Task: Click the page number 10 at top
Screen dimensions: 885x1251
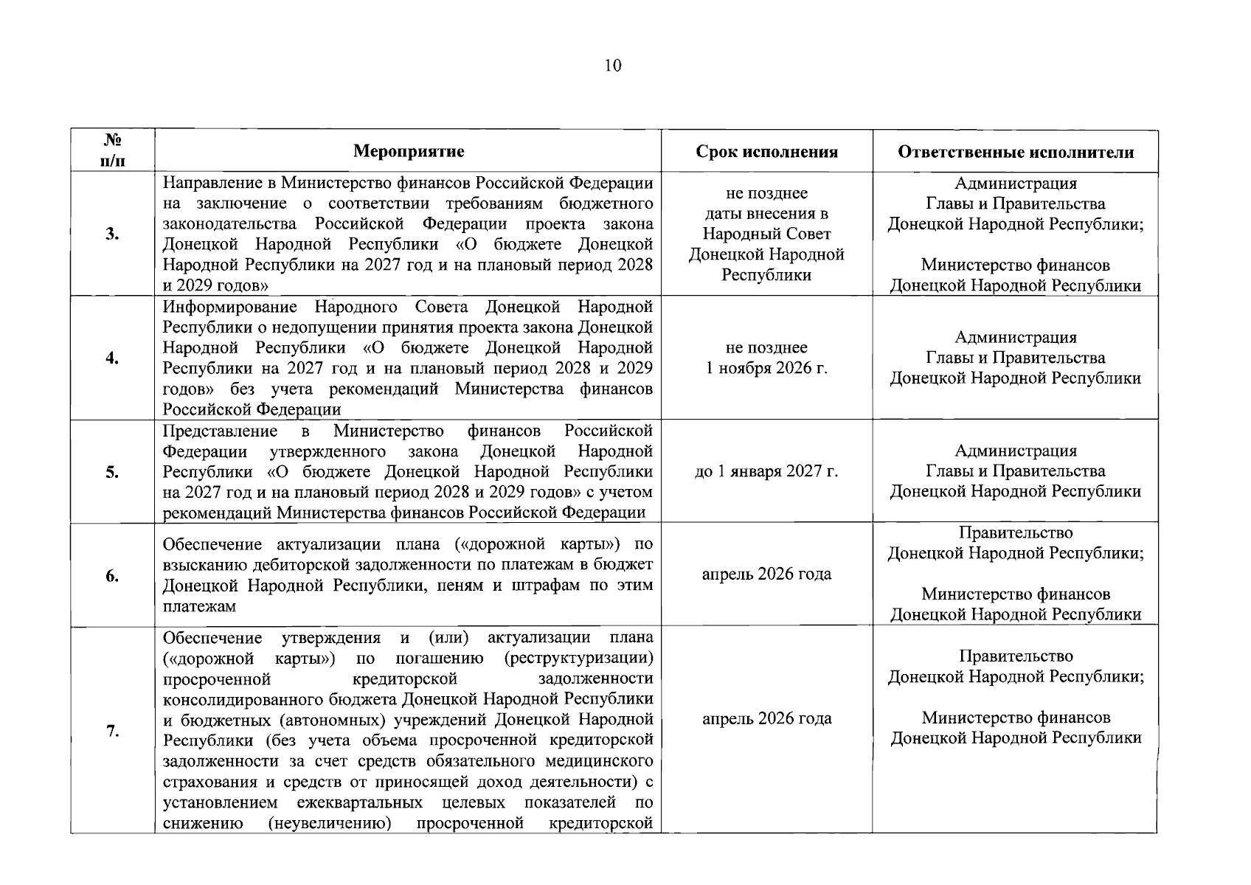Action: pyautogui.click(x=612, y=66)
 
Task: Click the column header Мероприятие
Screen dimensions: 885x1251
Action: pyautogui.click(x=409, y=152)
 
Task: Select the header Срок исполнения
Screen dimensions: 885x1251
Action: pyautogui.click(x=766, y=152)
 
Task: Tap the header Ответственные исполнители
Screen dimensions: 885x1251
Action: pyautogui.click(x=1015, y=152)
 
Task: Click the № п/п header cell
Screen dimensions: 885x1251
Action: pyautogui.click(x=112, y=150)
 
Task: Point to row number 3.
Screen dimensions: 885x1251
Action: pyautogui.click(x=112, y=235)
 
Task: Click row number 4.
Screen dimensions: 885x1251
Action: pyautogui.click(x=112, y=358)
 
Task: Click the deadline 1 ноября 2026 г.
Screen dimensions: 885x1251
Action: pyautogui.click(x=766, y=368)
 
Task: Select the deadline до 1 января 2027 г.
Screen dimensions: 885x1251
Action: pyautogui.click(x=766, y=471)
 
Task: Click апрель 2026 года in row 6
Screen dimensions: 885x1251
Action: pyautogui.click(x=766, y=574)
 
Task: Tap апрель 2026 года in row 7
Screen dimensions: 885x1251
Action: pyautogui.click(x=766, y=718)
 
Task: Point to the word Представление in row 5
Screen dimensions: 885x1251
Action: pyautogui.click(x=220, y=431)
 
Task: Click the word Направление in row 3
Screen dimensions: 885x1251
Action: pyautogui.click(x=215, y=183)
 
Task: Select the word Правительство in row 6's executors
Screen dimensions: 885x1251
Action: pyautogui.click(x=1016, y=532)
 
